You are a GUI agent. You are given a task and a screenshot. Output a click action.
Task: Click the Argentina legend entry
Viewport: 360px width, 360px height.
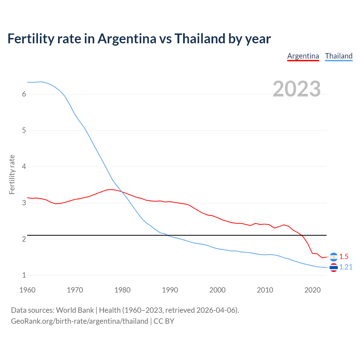click(303, 56)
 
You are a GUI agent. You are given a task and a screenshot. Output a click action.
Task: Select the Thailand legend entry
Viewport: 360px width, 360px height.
click(339, 56)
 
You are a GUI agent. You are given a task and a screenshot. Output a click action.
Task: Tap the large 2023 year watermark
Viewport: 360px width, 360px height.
click(296, 89)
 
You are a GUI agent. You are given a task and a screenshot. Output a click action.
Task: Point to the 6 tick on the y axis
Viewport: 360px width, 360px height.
click(24, 94)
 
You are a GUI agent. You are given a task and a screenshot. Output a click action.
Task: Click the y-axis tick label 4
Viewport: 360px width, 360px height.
click(24, 167)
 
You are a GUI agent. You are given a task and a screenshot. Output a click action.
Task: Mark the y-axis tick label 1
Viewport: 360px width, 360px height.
click(24, 275)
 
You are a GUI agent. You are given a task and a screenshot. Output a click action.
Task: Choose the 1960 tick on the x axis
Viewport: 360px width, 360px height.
click(27, 290)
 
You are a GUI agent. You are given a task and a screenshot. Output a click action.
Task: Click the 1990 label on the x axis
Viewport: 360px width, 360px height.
click(170, 290)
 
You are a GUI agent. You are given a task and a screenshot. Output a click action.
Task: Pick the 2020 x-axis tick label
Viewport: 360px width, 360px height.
click(312, 290)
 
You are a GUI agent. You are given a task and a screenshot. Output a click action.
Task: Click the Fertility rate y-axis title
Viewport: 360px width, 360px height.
click(12, 174)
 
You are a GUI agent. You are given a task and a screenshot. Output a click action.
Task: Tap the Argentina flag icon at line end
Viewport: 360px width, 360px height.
click(334, 257)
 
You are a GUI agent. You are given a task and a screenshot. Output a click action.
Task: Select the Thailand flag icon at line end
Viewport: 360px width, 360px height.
click(334, 267)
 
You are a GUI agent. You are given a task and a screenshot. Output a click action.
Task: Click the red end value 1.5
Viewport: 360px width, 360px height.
click(344, 256)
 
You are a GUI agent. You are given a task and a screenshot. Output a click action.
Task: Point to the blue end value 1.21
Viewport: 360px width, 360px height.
click(346, 267)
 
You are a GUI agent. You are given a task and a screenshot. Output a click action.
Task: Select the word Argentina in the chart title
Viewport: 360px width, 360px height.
click(127, 39)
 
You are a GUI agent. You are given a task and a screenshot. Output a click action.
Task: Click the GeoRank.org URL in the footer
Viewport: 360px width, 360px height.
click(80, 321)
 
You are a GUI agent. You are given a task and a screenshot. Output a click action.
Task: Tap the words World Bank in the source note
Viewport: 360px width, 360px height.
click(75, 310)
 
